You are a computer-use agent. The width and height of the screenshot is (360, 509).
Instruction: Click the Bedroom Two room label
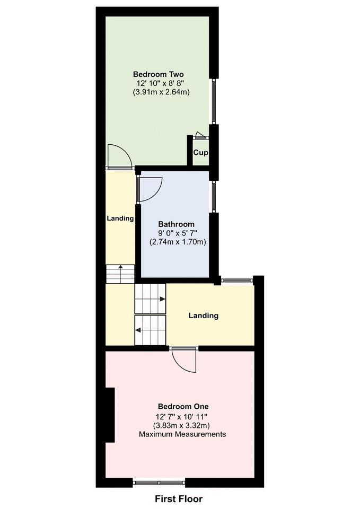[x=158, y=74]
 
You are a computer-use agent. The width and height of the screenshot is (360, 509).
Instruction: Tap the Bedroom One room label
[x=182, y=407]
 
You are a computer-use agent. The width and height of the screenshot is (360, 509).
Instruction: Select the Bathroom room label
[x=176, y=224]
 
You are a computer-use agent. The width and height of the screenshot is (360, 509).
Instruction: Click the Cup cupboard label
[x=200, y=153]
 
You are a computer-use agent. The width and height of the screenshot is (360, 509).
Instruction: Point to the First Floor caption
[x=179, y=499]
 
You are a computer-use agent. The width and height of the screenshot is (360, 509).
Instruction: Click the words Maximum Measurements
[x=182, y=434]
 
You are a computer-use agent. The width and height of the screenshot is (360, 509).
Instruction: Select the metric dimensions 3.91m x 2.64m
[x=161, y=92]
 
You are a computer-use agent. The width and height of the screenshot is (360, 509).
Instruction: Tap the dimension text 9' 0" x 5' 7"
[x=177, y=233]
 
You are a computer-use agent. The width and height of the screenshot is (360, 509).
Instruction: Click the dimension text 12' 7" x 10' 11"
[x=182, y=417]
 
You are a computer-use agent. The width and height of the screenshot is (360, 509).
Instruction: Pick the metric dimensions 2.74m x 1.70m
[x=177, y=242]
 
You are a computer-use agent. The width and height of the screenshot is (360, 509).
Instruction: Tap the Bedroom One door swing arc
[x=186, y=362]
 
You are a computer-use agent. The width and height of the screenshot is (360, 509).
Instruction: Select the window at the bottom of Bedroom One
[x=159, y=482]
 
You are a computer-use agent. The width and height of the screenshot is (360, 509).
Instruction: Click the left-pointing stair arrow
[x=138, y=330]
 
